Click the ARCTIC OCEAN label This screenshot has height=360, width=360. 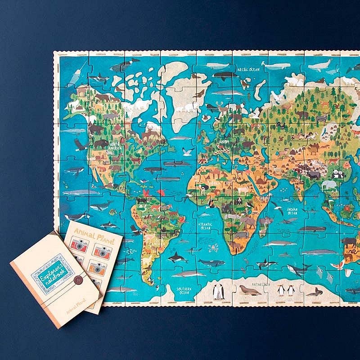249,69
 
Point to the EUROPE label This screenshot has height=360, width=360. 224,141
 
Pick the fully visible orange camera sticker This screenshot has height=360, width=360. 97,269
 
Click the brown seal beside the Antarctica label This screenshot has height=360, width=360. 250,291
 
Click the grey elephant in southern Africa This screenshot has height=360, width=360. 249,221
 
